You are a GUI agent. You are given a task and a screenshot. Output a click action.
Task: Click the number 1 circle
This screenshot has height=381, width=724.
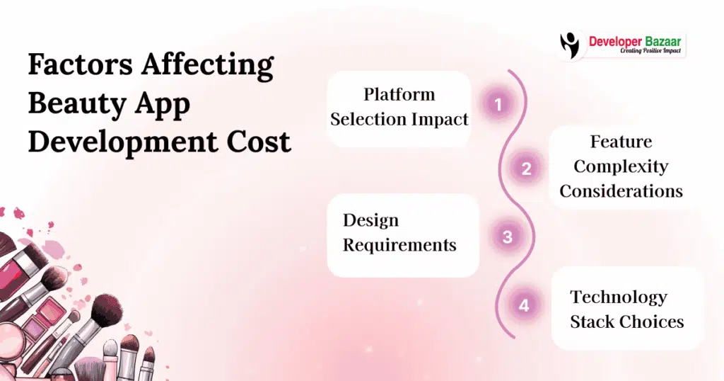pos(498,105)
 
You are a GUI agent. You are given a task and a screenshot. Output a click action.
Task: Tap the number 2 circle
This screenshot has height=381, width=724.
pos(526,169)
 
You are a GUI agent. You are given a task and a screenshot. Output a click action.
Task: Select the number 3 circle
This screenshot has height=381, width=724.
pos(507,237)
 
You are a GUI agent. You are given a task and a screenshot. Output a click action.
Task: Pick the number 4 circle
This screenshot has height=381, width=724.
pos(524,305)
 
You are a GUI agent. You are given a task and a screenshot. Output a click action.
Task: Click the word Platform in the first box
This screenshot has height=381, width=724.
pos(399,94)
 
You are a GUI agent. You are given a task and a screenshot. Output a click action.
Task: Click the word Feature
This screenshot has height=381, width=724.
pos(621,142)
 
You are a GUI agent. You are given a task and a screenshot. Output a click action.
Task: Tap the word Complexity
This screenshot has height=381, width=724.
pos(621,166)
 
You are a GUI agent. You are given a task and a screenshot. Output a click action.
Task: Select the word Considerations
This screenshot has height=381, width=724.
pos(621,191)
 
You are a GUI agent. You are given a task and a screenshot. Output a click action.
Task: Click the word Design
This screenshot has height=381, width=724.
pos(370,220)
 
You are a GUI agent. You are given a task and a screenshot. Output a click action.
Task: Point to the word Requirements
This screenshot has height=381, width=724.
pos(399,245)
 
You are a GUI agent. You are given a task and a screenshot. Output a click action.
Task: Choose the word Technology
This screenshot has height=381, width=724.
pos(618,297)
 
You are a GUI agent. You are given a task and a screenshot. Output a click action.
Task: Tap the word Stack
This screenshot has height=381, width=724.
pos(592,322)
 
